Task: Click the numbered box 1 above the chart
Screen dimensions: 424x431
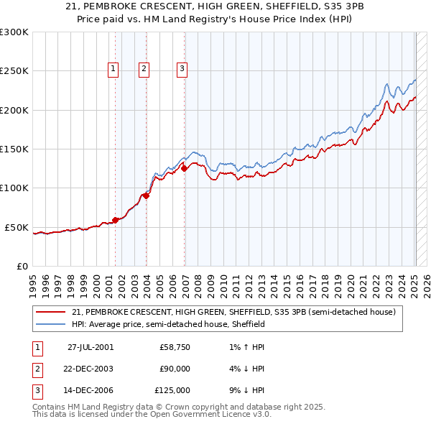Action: click(x=113, y=69)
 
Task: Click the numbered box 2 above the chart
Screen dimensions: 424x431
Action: click(x=144, y=69)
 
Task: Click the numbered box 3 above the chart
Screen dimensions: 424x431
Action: click(x=182, y=69)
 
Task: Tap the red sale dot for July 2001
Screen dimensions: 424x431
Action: click(x=115, y=220)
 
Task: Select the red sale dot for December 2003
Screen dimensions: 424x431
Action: click(x=146, y=195)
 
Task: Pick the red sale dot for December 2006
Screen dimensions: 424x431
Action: click(x=184, y=169)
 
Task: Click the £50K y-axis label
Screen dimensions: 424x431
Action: click(x=17, y=227)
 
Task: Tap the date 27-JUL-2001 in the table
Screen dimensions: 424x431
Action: click(x=90, y=347)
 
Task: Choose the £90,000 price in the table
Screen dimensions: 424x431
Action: click(x=175, y=369)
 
